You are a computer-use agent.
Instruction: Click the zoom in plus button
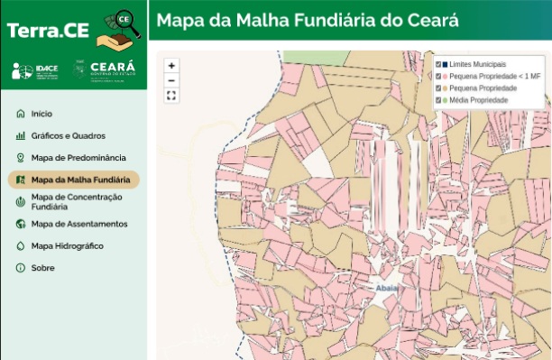pyautogui.click(x=171, y=66)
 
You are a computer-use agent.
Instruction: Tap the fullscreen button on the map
pyautogui.click(x=171, y=96)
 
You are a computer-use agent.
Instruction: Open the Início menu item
pyautogui.click(x=41, y=114)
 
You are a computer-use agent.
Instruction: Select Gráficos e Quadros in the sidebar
pyautogui.click(x=68, y=136)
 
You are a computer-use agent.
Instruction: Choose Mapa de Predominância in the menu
pyautogui.click(x=78, y=158)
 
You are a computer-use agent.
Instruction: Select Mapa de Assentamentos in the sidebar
pyautogui.click(x=78, y=224)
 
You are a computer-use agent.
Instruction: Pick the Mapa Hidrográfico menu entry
pyautogui.click(x=67, y=245)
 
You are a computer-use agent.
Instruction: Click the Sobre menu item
pyautogui.click(x=42, y=268)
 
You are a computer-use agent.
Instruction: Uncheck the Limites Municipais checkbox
pyautogui.click(x=439, y=65)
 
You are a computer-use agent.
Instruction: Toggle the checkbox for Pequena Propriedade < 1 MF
pyautogui.click(x=439, y=77)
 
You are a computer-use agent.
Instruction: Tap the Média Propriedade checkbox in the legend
pyautogui.click(x=439, y=100)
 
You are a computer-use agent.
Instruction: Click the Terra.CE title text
pyautogui.click(x=48, y=30)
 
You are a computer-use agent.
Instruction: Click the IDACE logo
pyautogui.click(x=35, y=70)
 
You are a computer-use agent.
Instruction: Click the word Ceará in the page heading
pyautogui.click(x=431, y=20)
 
